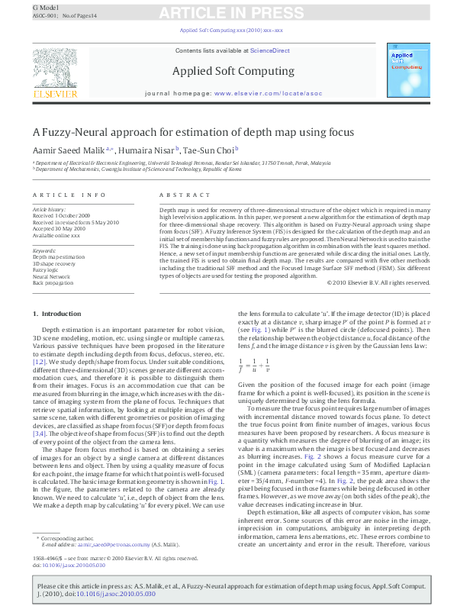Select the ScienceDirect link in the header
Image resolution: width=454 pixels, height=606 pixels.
coord(271,50)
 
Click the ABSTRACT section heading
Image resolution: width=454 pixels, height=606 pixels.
coord(174,195)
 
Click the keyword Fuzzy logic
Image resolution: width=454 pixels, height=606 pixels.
coord(45,270)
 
